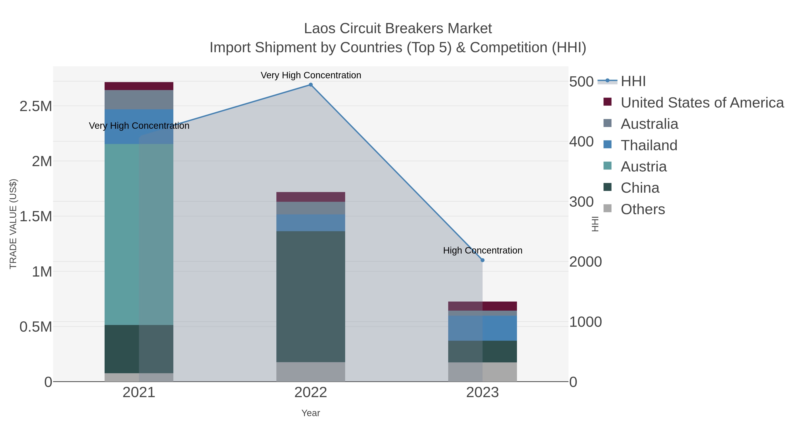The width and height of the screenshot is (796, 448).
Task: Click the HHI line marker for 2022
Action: point(311,85)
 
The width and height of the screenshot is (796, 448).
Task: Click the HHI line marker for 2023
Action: point(482,260)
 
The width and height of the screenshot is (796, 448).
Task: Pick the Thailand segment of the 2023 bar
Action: point(482,328)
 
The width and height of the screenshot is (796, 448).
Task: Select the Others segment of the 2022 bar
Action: point(311,372)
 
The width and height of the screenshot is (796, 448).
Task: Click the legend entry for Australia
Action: point(649,124)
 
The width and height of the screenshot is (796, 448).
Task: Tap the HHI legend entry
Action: point(633,81)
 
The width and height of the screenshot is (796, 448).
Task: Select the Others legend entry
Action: point(642,209)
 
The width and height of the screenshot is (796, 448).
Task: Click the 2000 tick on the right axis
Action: point(585,262)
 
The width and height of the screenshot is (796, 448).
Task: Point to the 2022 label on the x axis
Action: point(311,393)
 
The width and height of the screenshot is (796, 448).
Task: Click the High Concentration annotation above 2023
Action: point(482,250)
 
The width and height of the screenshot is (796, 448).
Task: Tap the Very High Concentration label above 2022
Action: point(311,75)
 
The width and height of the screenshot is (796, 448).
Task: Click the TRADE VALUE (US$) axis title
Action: point(13,224)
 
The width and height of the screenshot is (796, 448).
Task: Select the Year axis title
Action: point(311,413)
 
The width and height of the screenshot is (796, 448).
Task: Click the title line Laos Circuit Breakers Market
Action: point(398,29)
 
